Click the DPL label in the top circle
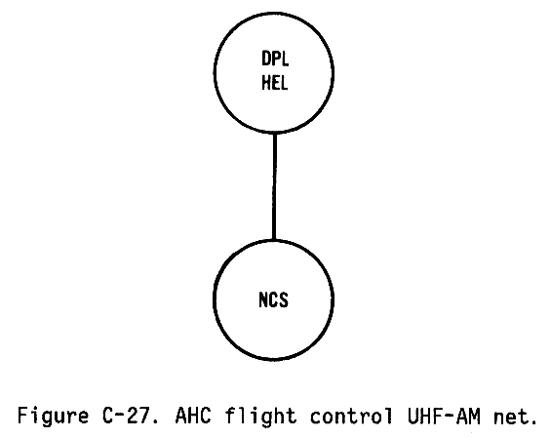pos(275,59)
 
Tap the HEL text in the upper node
pos(275,83)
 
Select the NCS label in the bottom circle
pos(274,300)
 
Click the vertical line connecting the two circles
pos(274,186)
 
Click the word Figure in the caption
pos(53,417)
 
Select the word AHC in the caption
pos(193,416)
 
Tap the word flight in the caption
pos(260,417)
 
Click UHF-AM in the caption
pos(444,416)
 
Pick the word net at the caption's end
pos(510,417)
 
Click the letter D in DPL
pos(266,59)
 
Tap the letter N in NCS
pos(263,300)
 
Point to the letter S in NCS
pos(284,300)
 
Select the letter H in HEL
pos(266,83)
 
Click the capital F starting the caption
pos(23,416)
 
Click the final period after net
pos(532,421)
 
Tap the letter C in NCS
pos(274,300)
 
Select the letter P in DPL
pos(276,59)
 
